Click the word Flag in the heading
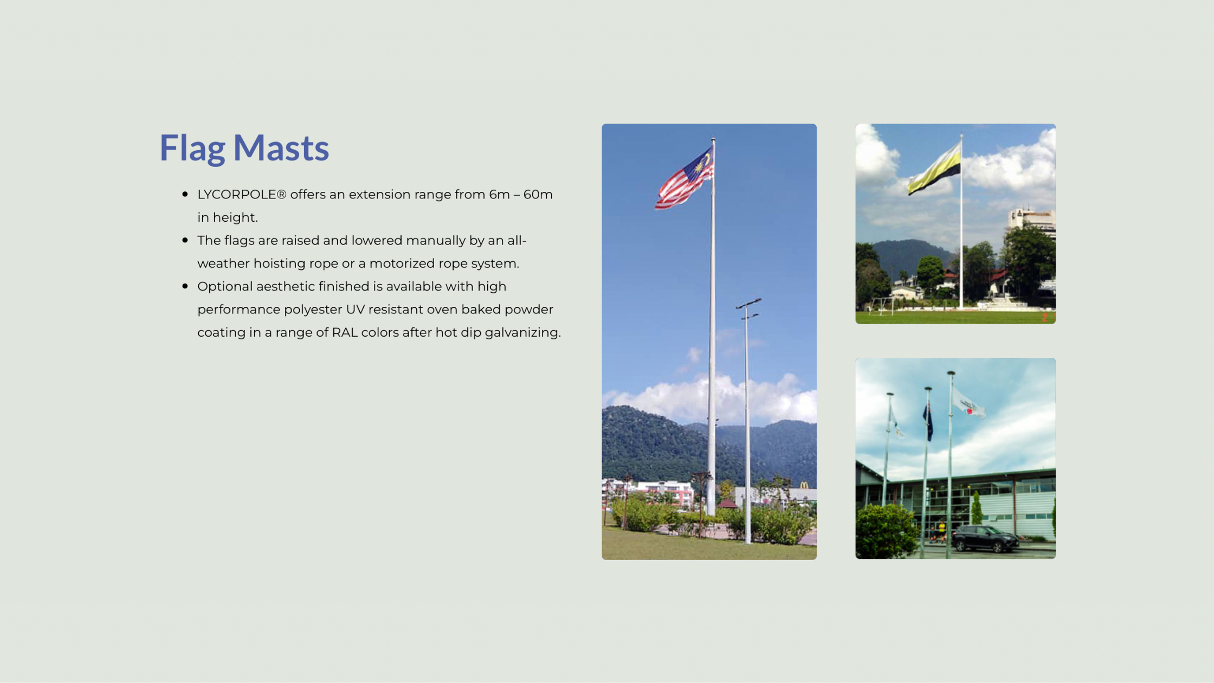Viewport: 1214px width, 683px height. (x=192, y=147)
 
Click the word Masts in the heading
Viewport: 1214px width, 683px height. (x=281, y=147)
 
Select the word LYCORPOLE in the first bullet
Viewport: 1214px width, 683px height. (x=237, y=195)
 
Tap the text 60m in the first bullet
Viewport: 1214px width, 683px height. (x=538, y=195)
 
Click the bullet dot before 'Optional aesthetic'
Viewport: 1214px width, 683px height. (x=185, y=286)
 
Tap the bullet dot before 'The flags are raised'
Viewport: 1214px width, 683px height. (x=185, y=240)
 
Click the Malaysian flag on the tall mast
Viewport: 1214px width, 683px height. (x=685, y=178)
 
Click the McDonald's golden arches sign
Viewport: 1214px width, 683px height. (x=804, y=485)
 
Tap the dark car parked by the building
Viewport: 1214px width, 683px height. (x=986, y=539)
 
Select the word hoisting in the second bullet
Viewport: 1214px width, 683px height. (x=279, y=264)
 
